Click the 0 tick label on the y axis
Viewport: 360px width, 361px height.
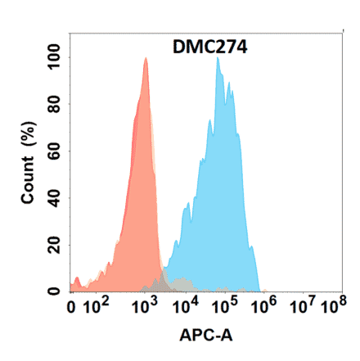pyautogui.click(x=56, y=291)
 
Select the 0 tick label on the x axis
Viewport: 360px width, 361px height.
pyautogui.click(x=73, y=309)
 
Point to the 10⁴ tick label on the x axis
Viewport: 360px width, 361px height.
pyautogui.click(x=187, y=308)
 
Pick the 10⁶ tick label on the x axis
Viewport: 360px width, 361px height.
pyautogui.click(x=265, y=308)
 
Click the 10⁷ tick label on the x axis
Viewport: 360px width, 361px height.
pyautogui.click(x=304, y=308)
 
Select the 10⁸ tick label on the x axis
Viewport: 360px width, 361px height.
pyautogui.click(x=331, y=308)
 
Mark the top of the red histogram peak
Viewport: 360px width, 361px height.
pyautogui.click(x=145, y=59)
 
